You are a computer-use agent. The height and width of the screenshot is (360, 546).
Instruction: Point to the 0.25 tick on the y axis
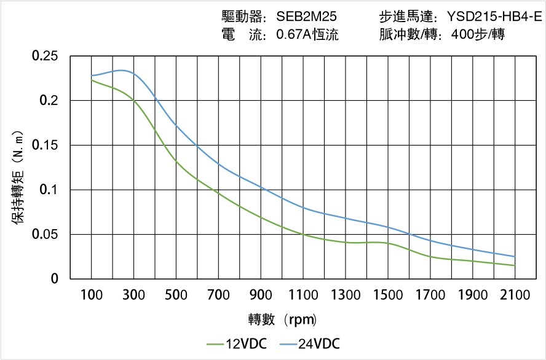pos(44,57)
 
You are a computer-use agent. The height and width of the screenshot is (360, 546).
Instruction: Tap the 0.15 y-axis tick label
pos(44,146)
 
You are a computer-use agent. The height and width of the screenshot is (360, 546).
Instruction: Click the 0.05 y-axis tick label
pos(44,235)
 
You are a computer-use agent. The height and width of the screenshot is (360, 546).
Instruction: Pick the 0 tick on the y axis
pos(54,279)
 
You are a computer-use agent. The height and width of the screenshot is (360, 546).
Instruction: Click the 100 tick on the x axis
pos(92,295)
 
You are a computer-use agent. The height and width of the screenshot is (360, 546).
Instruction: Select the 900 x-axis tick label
pos(261,295)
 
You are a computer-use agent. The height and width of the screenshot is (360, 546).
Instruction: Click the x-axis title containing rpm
pos(282,319)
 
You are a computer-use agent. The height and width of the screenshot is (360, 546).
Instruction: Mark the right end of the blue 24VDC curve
pos(515,257)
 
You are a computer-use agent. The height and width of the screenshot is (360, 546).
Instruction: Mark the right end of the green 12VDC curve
pos(515,265)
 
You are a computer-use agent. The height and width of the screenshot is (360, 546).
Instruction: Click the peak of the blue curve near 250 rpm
pos(123,71)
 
